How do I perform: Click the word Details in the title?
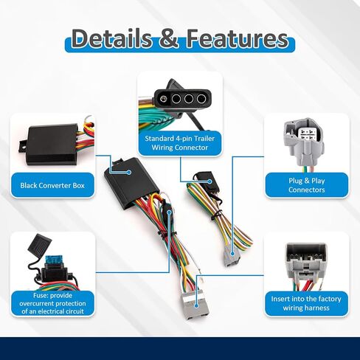tap(111, 38)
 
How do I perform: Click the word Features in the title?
tap(238, 38)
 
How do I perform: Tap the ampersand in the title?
tap(169, 38)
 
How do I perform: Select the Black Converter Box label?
tap(52, 185)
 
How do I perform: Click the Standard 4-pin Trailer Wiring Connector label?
tap(180, 143)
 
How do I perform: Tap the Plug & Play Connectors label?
tap(307, 185)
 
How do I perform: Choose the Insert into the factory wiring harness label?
tap(306, 303)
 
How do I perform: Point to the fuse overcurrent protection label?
tap(52, 303)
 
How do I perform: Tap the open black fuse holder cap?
tap(39, 243)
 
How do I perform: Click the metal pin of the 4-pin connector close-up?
tap(162, 99)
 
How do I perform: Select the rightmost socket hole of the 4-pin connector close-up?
tap(201, 99)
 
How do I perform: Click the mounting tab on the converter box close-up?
tap(23, 148)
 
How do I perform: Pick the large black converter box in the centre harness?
tap(131, 183)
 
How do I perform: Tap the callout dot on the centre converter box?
tap(128, 173)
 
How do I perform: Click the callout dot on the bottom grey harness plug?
tap(196, 306)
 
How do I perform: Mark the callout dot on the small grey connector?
tap(232, 254)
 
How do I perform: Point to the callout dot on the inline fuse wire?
tap(169, 212)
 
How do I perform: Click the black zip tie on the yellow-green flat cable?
tap(218, 214)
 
